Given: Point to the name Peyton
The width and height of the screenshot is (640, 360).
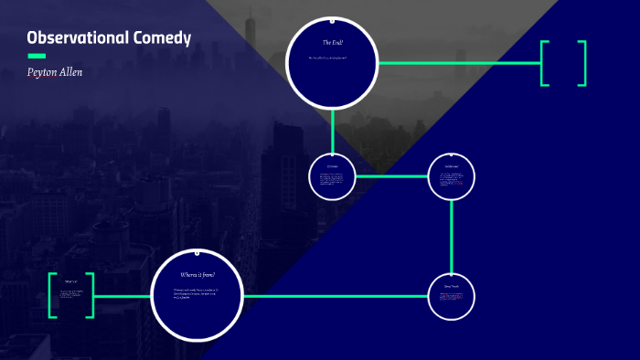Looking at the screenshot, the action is coord(45,71).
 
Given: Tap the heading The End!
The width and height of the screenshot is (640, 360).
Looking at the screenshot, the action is coord(332,43).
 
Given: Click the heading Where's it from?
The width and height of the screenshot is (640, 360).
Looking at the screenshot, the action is coord(197,274).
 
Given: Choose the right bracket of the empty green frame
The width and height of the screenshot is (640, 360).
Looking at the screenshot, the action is coord(581,63).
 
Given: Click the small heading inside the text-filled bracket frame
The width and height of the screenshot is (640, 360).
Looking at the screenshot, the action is coord(70,281).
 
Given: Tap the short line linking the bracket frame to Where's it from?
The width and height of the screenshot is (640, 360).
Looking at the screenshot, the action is coord(122,296).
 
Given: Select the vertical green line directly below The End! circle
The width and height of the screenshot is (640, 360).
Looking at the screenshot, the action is coord(332,129).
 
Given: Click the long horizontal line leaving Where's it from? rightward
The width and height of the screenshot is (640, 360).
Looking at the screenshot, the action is coord(334,296).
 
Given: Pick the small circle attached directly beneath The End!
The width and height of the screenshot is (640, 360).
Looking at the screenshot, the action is coord(332,175).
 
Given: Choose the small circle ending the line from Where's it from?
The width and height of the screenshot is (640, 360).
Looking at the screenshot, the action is coord(452,296).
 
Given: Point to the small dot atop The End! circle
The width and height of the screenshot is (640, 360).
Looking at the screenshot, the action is coord(332,20).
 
